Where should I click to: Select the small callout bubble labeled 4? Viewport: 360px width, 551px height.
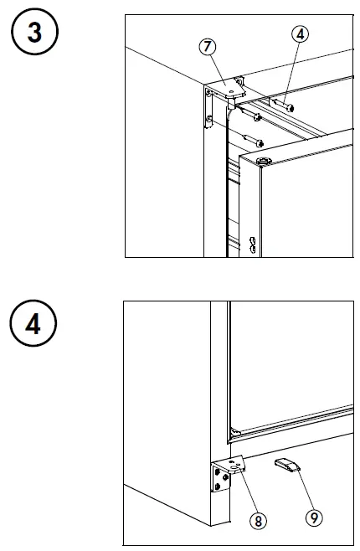[300, 34]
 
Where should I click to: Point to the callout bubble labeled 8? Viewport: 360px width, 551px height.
[260, 520]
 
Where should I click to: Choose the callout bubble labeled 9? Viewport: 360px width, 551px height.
[314, 517]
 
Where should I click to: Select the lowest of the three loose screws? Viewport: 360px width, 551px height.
[255, 138]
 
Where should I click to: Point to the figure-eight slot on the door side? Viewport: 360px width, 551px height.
[250, 244]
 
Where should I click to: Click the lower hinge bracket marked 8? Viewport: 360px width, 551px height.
[228, 474]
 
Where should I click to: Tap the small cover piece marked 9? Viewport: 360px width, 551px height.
[286, 466]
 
